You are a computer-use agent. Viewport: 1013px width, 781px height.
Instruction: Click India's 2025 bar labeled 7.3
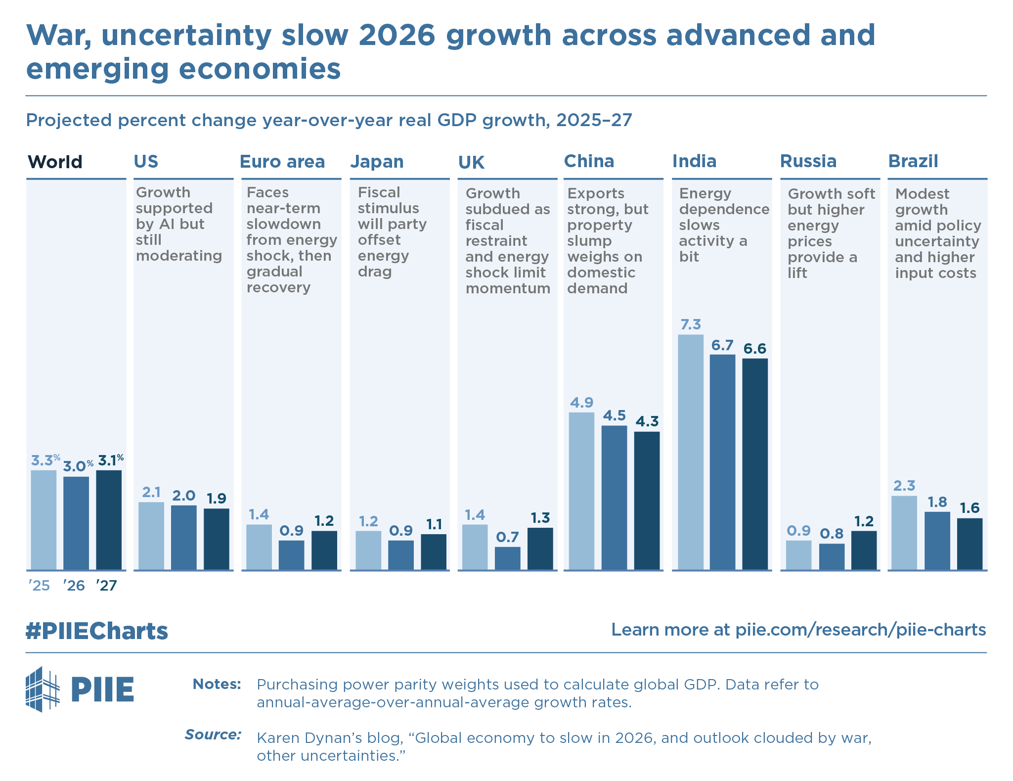click(690, 452)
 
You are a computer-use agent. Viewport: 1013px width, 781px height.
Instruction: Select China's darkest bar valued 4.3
click(647, 500)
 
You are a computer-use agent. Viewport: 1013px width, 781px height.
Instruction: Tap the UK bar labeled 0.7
click(507, 558)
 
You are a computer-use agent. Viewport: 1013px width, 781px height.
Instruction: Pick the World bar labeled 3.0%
click(76, 523)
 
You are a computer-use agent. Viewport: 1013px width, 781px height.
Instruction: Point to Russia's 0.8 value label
click(832, 534)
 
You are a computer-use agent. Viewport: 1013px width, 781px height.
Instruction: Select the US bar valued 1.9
click(217, 539)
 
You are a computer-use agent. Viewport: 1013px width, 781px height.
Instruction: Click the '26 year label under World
click(74, 586)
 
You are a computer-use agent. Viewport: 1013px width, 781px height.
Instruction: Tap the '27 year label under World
click(106, 586)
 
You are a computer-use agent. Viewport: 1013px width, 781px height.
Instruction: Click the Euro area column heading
click(282, 162)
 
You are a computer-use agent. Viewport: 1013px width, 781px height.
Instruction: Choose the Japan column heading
click(377, 162)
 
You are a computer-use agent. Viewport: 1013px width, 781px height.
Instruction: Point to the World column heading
click(55, 162)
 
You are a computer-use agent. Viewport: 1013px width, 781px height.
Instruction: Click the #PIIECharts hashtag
click(97, 631)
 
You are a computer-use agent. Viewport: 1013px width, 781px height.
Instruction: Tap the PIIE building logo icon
click(43, 689)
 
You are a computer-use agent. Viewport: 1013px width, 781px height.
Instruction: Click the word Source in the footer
click(213, 735)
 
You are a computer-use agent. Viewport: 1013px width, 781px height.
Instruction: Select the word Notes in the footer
click(217, 684)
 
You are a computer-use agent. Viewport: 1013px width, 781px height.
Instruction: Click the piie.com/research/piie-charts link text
click(860, 630)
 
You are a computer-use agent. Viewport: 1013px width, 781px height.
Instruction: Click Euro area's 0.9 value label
click(291, 531)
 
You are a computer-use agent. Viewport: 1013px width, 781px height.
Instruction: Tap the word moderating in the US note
click(179, 256)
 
